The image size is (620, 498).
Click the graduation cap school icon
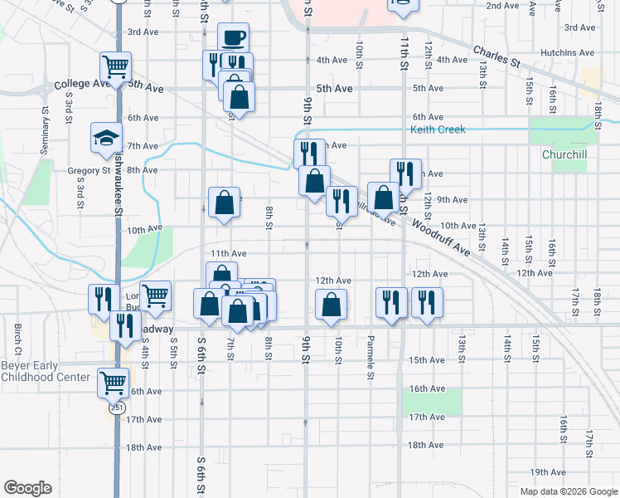click(106, 138)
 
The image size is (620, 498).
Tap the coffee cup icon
click(233, 38)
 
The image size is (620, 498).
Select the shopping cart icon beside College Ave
click(116, 66)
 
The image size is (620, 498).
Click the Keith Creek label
click(438, 129)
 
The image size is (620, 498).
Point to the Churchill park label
click(564, 154)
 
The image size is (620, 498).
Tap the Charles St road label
click(496, 56)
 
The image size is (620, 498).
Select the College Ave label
click(82, 85)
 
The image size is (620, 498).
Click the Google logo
click(27, 488)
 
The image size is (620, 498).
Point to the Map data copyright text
click(568, 491)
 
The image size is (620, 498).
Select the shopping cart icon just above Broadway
click(155, 295)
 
